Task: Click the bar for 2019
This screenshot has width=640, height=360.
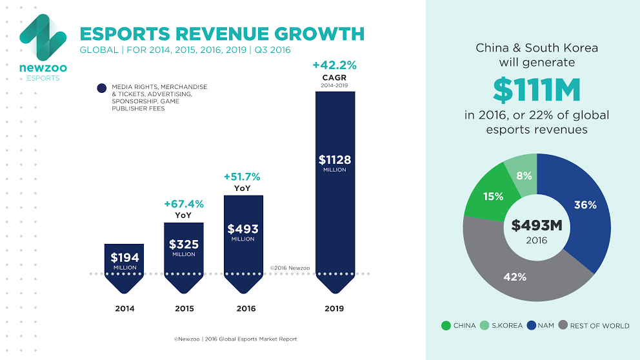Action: tap(335, 187)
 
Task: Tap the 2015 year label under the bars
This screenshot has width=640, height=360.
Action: tap(185, 308)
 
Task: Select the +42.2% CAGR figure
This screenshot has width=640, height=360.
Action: tap(334, 65)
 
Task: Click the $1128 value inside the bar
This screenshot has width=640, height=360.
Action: tap(335, 160)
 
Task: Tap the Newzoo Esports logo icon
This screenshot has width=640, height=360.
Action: tap(43, 37)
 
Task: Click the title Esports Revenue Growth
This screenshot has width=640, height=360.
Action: tap(221, 34)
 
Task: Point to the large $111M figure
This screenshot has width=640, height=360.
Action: tap(536, 90)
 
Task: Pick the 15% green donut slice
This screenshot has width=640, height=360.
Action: tap(494, 196)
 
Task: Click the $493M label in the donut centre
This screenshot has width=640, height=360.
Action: tap(537, 226)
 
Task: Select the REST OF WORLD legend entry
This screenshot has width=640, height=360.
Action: tap(594, 326)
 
